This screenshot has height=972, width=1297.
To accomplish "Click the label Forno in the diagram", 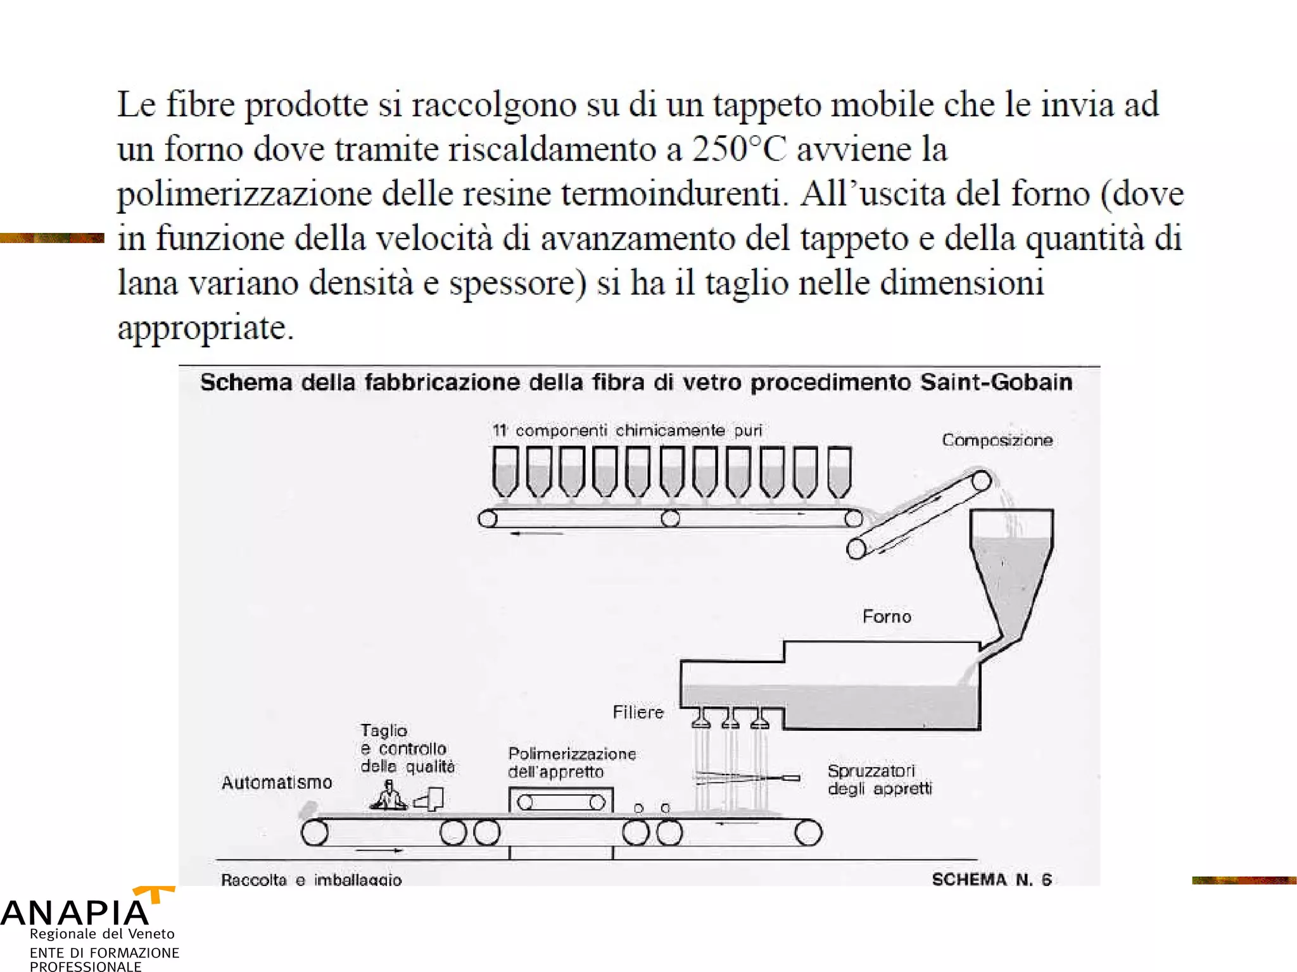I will (x=887, y=616).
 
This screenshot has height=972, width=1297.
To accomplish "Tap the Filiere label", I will (x=638, y=713).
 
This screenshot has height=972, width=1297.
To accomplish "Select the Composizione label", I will (x=997, y=440).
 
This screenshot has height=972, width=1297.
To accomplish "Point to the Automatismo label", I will (x=277, y=783).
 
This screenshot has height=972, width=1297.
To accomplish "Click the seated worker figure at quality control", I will (x=388, y=795).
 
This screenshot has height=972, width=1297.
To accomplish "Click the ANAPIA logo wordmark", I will (x=75, y=913).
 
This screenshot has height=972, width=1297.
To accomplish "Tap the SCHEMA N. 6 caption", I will (x=991, y=880).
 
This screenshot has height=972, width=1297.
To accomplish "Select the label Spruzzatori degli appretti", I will (x=879, y=780).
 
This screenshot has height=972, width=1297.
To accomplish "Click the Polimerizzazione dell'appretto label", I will (x=571, y=763).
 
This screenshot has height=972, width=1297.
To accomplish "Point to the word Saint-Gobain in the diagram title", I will (x=996, y=383).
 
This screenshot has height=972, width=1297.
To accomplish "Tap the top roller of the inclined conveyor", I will (x=981, y=480).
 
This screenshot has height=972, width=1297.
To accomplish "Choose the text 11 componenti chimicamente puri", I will (x=627, y=431).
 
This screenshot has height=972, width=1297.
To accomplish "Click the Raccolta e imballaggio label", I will (x=311, y=880).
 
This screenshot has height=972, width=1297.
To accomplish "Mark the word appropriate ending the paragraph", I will (x=205, y=328).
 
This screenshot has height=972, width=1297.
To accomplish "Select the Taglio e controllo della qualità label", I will (x=407, y=749).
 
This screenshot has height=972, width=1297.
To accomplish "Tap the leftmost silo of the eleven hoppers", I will (x=505, y=471).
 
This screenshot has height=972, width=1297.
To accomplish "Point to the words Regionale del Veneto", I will (x=102, y=934).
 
